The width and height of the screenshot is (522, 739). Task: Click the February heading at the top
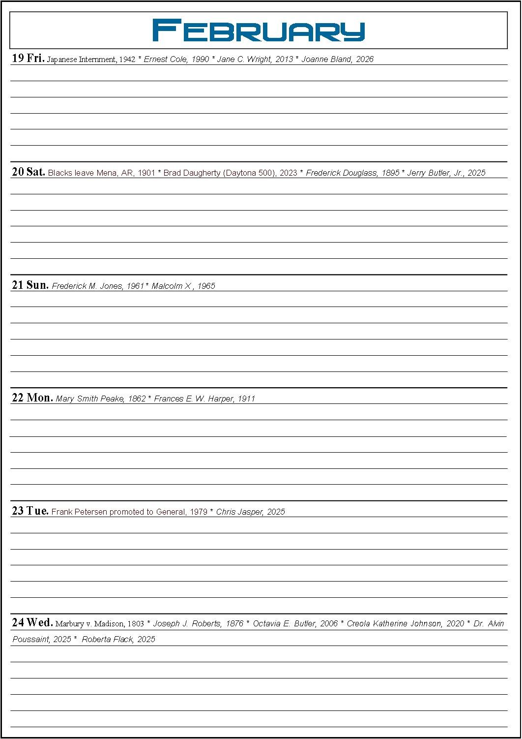coord(259,30)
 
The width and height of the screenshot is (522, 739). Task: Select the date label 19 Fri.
coord(28,59)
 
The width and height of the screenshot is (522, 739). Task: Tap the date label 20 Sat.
coord(29,172)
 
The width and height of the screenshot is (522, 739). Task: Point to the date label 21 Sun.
coord(30,285)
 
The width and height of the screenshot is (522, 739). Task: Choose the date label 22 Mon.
coord(32,398)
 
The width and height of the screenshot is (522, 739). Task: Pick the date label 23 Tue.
coord(30,511)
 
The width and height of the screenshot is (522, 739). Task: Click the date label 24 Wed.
coord(32,623)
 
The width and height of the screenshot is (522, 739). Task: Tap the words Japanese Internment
coord(82,60)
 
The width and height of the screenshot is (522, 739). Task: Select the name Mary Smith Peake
coord(90,399)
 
